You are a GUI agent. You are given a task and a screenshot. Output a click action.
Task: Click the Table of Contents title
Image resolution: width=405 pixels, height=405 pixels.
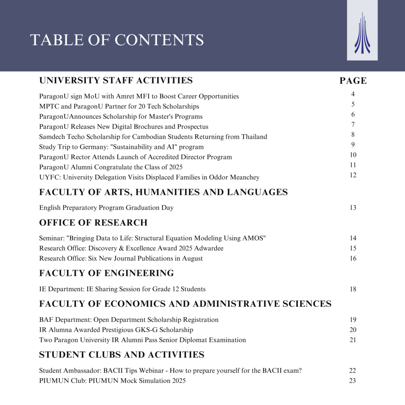(x=117, y=40)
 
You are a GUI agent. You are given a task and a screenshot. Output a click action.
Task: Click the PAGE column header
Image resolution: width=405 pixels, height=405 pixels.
(x=353, y=81)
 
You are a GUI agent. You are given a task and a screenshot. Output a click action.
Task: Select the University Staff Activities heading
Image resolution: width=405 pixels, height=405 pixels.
(x=116, y=80)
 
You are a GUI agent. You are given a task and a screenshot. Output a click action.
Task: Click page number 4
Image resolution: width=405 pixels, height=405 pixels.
(x=353, y=94)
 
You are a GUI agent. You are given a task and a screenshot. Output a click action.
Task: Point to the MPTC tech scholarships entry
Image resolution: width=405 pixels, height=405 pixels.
(x=119, y=106)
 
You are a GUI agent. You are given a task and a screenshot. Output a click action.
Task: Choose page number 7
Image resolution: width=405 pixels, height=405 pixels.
(x=353, y=125)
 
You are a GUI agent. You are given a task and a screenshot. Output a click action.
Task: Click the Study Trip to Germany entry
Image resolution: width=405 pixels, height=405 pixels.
(x=121, y=147)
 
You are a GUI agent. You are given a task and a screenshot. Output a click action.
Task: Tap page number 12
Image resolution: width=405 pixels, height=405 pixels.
(x=353, y=175)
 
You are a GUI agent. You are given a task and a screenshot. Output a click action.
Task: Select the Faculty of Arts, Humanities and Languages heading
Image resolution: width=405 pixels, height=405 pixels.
(x=163, y=192)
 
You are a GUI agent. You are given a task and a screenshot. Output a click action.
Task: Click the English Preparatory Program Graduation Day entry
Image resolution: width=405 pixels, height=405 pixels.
(x=106, y=208)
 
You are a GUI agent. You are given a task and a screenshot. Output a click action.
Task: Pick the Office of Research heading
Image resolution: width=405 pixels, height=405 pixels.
(x=93, y=223)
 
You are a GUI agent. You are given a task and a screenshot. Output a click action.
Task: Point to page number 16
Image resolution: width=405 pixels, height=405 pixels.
(x=353, y=258)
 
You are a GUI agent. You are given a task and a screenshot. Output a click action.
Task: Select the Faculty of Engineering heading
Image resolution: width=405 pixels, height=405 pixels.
(x=106, y=273)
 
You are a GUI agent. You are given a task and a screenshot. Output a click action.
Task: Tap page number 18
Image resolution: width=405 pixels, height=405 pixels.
(x=353, y=289)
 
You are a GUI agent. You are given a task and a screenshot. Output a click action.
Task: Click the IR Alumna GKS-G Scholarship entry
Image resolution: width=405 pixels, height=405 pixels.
(x=116, y=330)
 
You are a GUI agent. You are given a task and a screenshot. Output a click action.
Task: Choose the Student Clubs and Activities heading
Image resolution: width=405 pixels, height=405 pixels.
(x=121, y=354)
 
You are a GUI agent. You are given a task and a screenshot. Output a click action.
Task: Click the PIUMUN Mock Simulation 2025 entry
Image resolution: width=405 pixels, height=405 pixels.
(x=112, y=381)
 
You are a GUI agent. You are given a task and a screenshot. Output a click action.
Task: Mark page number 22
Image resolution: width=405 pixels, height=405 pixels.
(x=352, y=371)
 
